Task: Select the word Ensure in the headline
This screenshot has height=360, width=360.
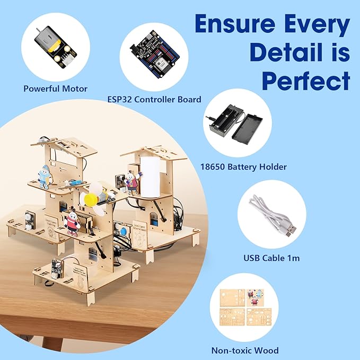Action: pos(236,24)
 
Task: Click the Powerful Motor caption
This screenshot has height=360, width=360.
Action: pos(55,89)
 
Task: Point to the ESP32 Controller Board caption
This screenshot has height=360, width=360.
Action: pos(161,99)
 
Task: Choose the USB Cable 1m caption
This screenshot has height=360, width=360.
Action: pos(271,258)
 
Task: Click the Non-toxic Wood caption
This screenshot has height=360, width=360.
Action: pos(244,350)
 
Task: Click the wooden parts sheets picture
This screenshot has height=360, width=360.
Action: pos(244,310)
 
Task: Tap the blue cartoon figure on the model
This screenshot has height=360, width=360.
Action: pos(45,174)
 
